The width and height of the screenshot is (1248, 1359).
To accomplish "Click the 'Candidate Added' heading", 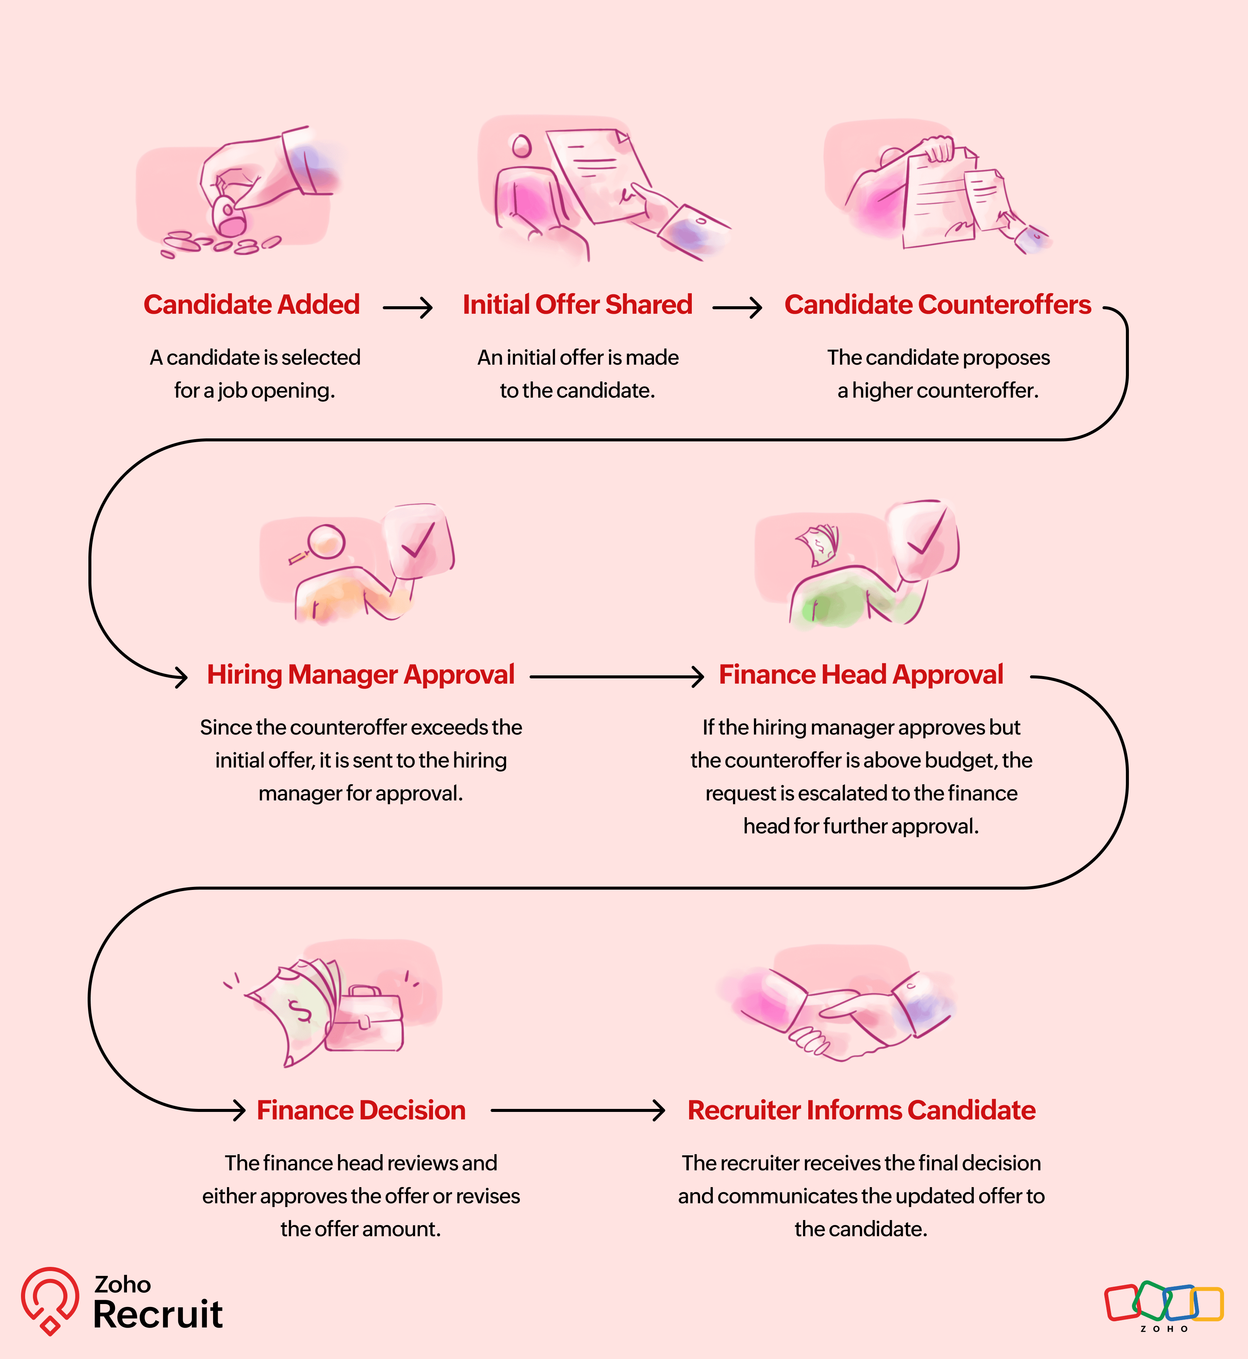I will click(251, 304).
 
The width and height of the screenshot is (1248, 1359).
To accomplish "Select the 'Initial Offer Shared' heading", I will click(578, 304).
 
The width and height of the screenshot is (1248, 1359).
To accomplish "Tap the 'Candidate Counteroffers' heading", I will click(937, 304).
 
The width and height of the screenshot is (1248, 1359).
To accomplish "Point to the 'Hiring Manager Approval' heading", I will click(361, 674).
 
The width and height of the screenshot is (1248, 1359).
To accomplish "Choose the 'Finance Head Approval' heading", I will click(860, 674).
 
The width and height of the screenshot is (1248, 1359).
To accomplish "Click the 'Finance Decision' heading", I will click(361, 1110).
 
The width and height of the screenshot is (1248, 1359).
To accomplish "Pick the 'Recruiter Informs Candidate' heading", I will click(861, 1110).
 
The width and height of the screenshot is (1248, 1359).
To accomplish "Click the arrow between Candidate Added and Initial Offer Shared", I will click(407, 308).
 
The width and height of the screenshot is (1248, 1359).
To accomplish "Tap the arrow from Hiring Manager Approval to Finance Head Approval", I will click(617, 676).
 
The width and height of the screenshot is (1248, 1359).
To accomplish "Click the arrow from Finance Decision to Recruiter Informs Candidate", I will click(578, 1110).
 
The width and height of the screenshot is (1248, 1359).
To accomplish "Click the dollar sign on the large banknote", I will click(299, 1011).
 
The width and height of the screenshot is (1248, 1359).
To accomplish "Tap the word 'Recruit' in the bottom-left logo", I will click(158, 1314).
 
